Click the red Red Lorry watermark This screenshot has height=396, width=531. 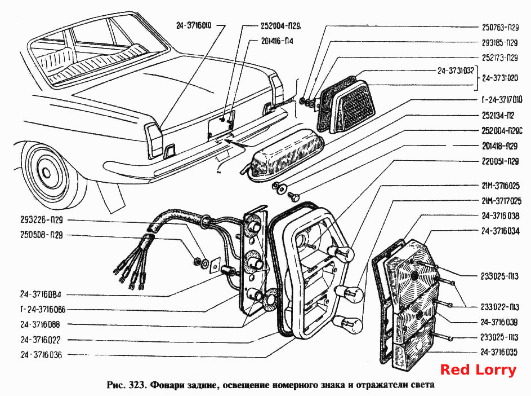pyautogui.click(x=478, y=370)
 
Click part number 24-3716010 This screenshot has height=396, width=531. pyautogui.click(x=194, y=25)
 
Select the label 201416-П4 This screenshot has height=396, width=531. pyautogui.click(x=277, y=41)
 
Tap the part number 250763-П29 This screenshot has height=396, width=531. pyautogui.click(x=500, y=28)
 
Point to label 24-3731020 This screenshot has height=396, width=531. pyautogui.click(x=500, y=78)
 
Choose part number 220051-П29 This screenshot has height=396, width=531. pyautogui.click(x=500, y=161)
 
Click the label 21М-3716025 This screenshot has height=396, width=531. pyautogui.click(x=501, y=186)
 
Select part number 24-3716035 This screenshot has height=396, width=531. pyautogui.click(x=499, y=352)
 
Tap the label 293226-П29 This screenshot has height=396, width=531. pyautogui.click(x=42, y=220)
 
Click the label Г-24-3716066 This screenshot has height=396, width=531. pyautogui.click(x=43, y=310)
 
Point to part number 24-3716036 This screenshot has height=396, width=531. pyautogui.click(x=41, y=355)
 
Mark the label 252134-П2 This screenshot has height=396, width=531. pyautogui.click(x=498, y=116)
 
